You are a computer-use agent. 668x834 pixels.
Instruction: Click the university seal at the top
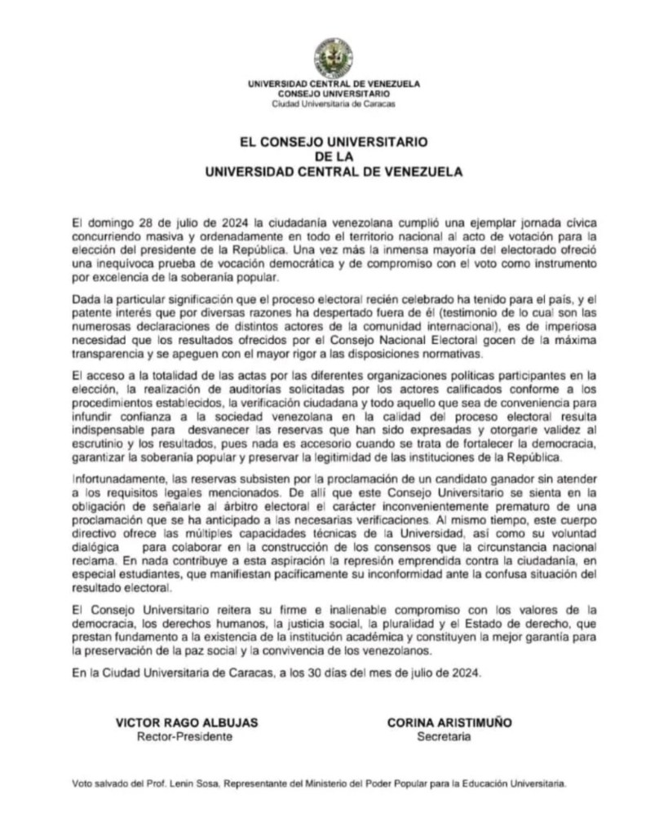334,57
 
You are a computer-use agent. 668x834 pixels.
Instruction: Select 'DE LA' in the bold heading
334,157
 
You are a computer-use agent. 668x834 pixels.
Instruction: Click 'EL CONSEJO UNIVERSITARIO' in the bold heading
334,142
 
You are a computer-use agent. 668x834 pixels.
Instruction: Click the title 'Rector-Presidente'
184,736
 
